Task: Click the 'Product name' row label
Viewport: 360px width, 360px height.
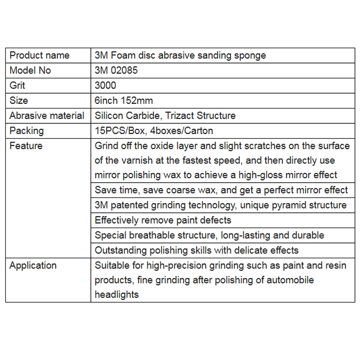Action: pos(40,55)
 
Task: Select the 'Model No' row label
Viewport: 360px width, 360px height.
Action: pos(30,70)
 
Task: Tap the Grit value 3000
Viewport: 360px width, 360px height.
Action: pos(105,85)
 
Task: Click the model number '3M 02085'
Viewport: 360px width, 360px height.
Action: pos(116,70)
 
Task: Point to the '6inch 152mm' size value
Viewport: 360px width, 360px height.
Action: pos(124,100)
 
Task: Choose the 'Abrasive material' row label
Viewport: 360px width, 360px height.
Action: pos(47,116)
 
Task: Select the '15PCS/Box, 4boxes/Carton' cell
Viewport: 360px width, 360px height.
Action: pos(154,130)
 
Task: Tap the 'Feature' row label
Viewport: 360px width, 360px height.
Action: pos(26,146)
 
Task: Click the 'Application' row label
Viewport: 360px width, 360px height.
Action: pos(33,265)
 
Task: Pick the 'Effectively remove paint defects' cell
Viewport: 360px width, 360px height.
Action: pos(163,220)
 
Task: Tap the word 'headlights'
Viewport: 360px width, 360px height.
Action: pos(117,295)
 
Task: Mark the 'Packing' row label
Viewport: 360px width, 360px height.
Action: pos(27,130)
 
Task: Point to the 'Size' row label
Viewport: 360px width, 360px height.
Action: pos(18,100)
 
